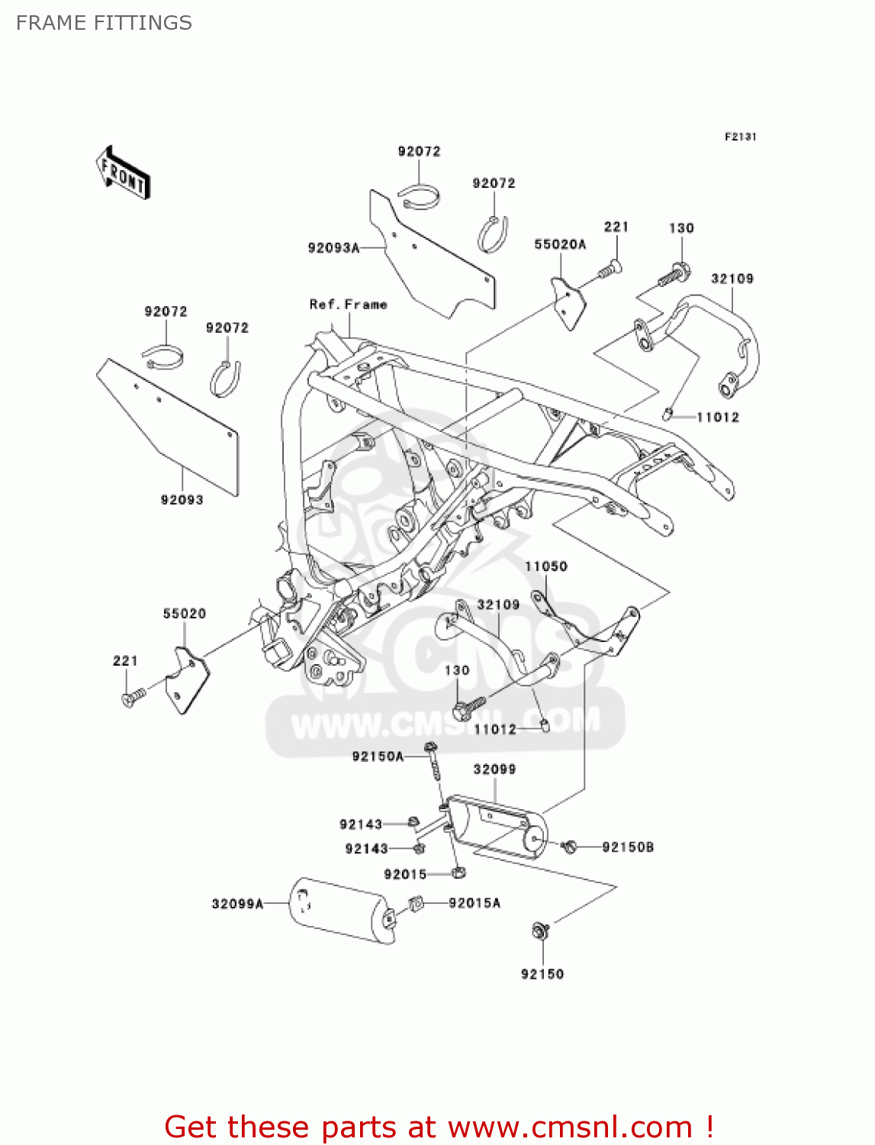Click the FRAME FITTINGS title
tap(104, 23)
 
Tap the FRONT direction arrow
tap(123, 173)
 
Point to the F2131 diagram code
tap(740, 137)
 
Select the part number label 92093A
tap(333, 248)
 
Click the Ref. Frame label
tap(348, 305)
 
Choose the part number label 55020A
tap(560, 244)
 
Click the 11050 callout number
tap(545, 566)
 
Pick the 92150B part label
tap(628, 847)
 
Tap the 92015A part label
tap(474, 903)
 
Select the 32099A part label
tap(237, 904)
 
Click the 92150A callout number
tap(378, 756)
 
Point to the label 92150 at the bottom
tap(542, 974)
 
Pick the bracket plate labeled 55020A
tap(569, 302)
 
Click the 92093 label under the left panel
tap(182, 500)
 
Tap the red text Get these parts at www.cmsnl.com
tap(439, 1127)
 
